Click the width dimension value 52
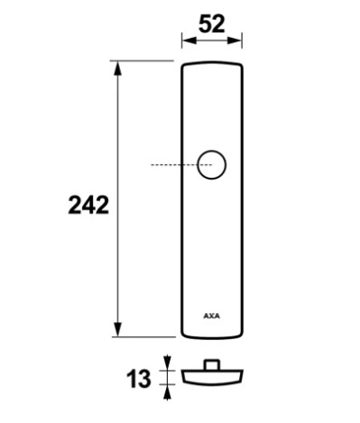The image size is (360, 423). coord(212,24)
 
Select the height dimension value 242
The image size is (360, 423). coord(88,206)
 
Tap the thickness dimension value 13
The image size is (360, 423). coord(139,380)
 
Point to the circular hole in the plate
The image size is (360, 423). coord(212,165)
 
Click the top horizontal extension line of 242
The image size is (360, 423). coord(144,61)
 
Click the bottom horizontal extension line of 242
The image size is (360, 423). coord(144,336)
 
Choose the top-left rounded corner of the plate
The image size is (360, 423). coord(184,65)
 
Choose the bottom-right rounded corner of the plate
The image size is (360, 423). coord(241,333)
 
